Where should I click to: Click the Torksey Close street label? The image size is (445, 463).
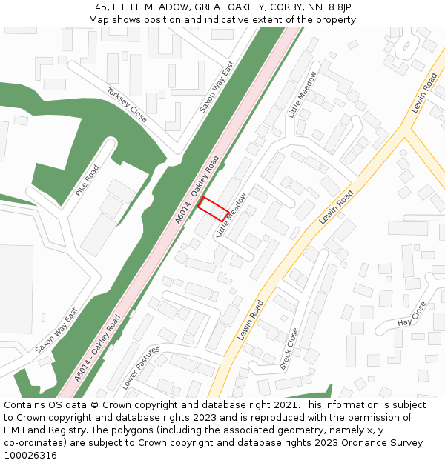[x=127, y=105]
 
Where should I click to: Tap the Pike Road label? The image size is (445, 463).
[x=87, y=181]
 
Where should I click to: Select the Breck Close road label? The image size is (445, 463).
[x=289, y=349]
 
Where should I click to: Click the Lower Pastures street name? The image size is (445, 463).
[x=141, y=367]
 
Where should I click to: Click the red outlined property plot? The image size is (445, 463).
[x=212, y=208]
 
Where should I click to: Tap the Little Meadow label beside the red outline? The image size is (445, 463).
[x=231, y=215]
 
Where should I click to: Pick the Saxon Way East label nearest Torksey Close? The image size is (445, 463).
[x=217, y=87]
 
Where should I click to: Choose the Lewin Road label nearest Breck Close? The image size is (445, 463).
[x=251, y=320]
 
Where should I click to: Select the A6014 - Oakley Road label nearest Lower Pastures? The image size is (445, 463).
[x=97, y=347]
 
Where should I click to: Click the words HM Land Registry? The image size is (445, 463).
[x=45, y=430]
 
